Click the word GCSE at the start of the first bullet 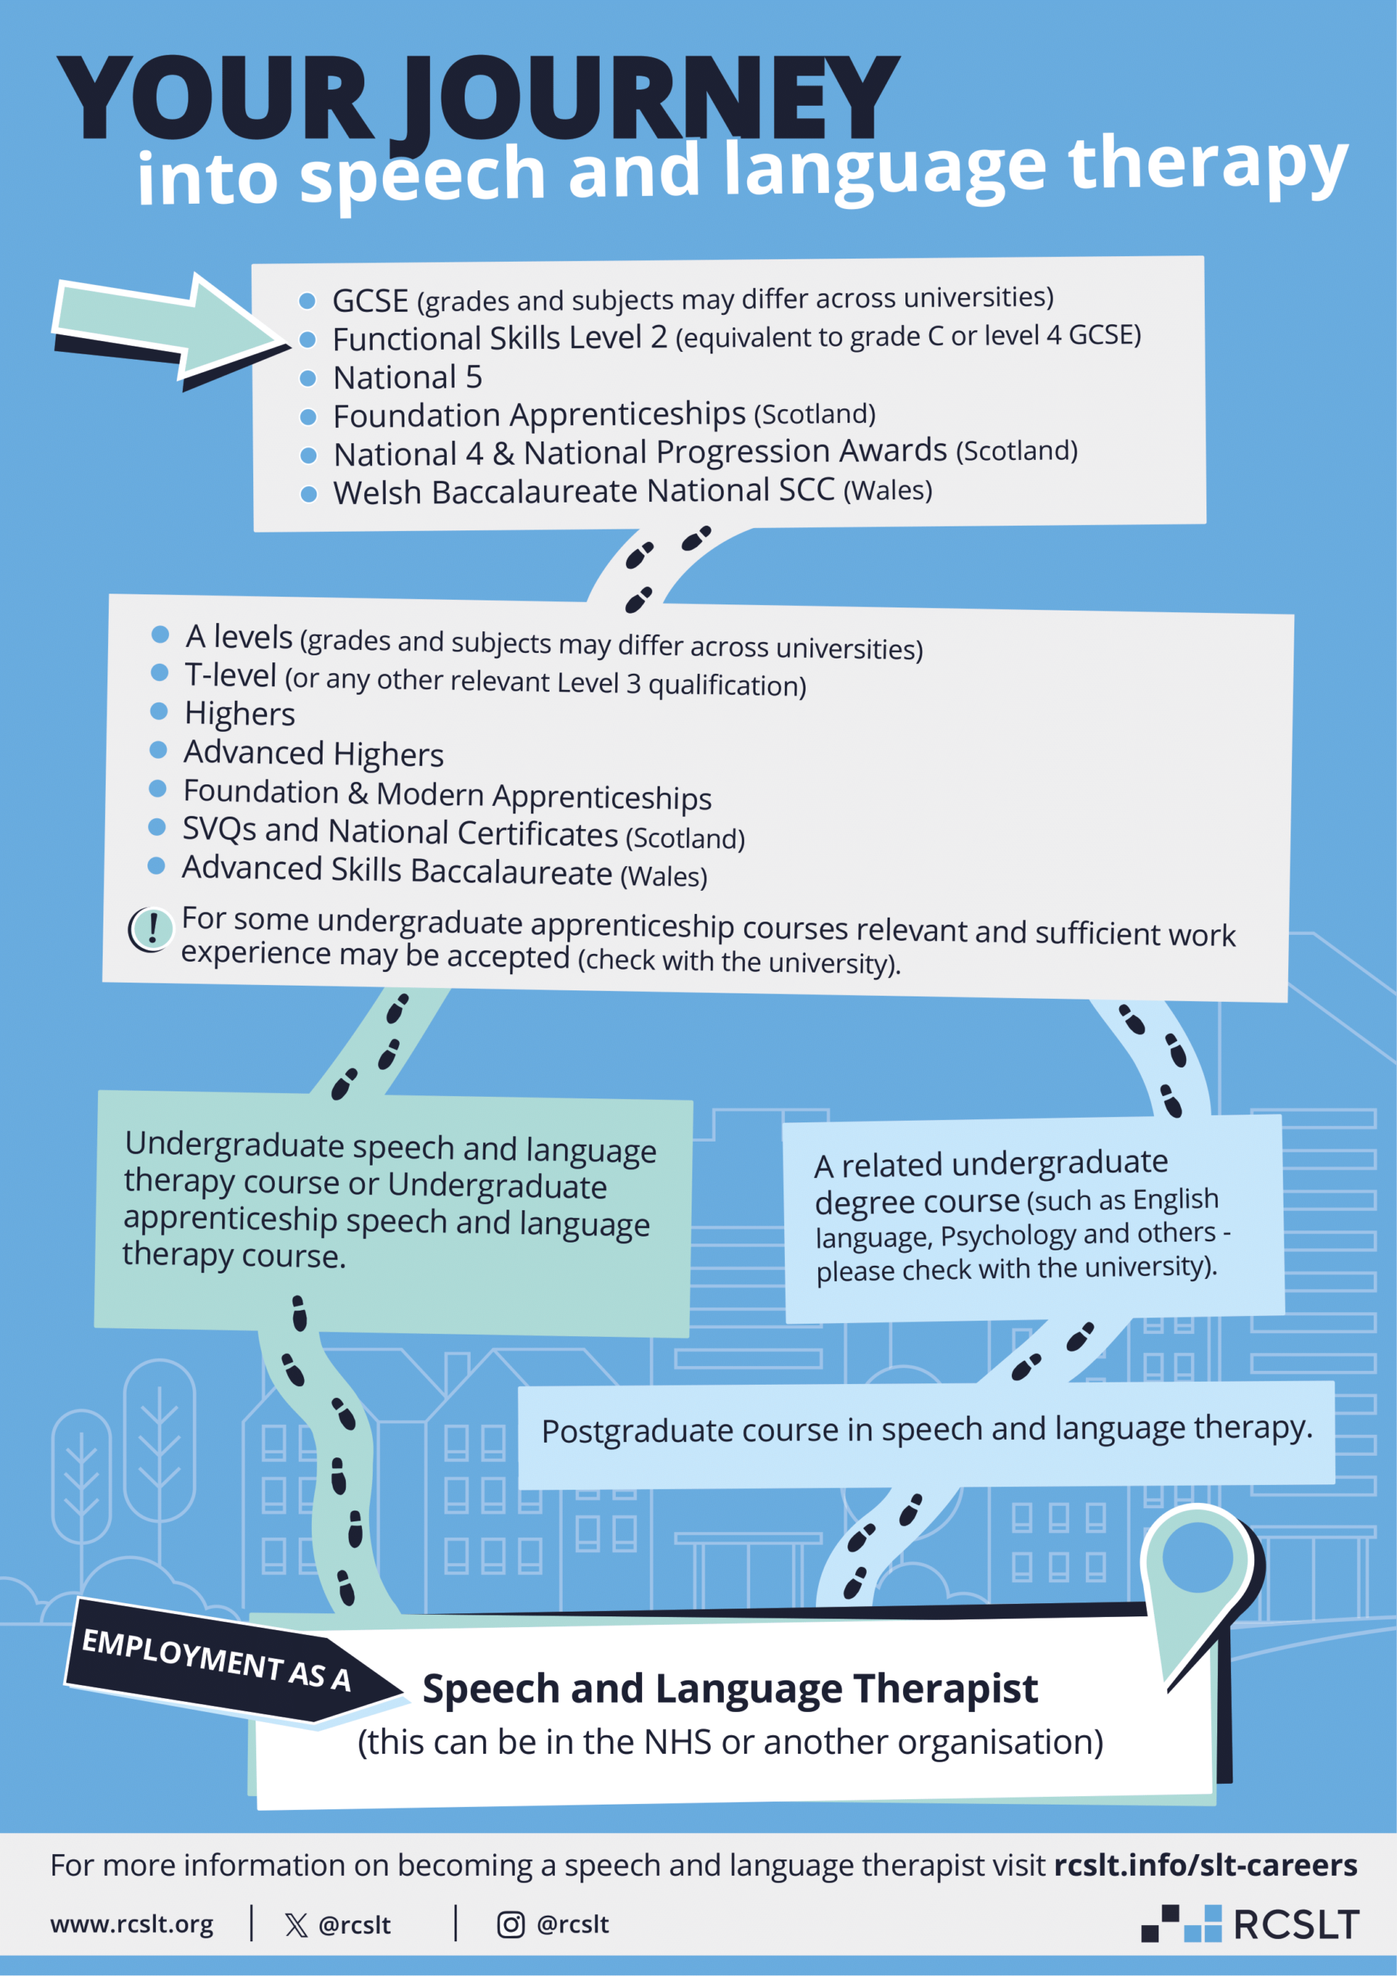coord(370,301)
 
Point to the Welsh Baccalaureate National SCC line coord(633,492)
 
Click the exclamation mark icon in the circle coord(151,929)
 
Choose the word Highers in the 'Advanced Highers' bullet coord(388,755)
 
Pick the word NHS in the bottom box coord(678,1742)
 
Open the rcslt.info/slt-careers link coord(1205,1865)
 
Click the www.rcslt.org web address coord(132,1924)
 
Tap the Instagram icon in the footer coord(510,1924)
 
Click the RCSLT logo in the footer coord(1250,1924)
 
